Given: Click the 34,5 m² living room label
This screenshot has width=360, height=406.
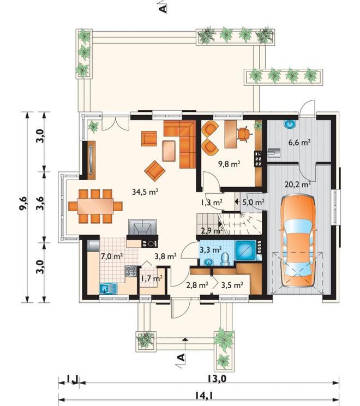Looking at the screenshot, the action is pos(145,192).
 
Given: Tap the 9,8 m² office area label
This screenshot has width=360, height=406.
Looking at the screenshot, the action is pos(229,164).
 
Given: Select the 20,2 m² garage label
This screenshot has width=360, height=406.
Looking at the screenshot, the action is pos(298,184).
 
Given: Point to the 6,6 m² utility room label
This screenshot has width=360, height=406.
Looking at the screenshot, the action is pos(299,142).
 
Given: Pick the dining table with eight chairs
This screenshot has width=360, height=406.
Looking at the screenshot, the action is pos(95,206).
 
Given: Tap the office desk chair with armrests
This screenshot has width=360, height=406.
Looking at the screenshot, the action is pos(244,133).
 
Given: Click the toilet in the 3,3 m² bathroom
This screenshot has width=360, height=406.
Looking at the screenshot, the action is pos(225,259).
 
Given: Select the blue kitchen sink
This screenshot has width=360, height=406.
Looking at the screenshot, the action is pos(109,289).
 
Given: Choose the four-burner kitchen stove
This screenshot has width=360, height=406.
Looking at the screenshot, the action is pos(131,271).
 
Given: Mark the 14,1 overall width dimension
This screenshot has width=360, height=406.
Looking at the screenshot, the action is pos(207,396).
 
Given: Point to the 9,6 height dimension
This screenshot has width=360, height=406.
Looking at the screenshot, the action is pos(23,207).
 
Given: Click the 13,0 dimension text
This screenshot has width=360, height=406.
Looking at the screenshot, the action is pos(217,379).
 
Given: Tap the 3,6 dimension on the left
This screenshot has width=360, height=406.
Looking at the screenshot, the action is pos(40,207).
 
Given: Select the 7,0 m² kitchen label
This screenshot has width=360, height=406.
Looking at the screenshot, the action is pos(112,256).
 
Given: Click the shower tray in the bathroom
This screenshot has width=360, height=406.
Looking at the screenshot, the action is pos(245,250).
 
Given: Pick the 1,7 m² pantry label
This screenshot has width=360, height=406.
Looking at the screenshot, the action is pos(152,279).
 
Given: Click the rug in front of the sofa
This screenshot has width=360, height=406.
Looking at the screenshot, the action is pos(169,151).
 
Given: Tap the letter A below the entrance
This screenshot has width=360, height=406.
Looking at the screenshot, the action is pos(182,357).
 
